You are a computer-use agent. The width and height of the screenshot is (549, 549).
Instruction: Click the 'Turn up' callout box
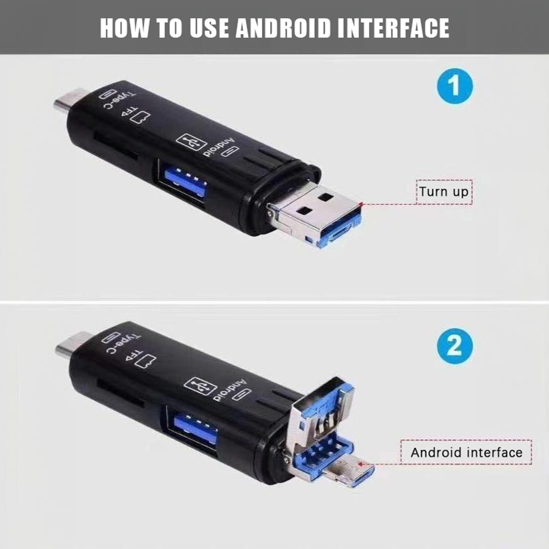(444, 192)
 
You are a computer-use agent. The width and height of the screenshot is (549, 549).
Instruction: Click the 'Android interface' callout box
(466, 452)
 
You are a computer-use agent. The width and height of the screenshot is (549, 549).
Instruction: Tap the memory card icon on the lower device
(146, 361)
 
